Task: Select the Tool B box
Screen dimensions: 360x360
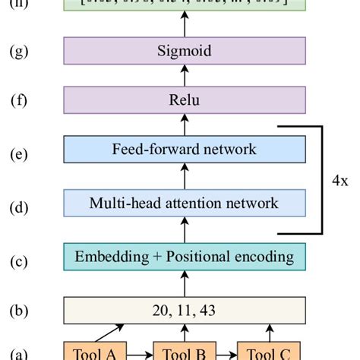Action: pyautogui.click(x=185, y=352)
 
